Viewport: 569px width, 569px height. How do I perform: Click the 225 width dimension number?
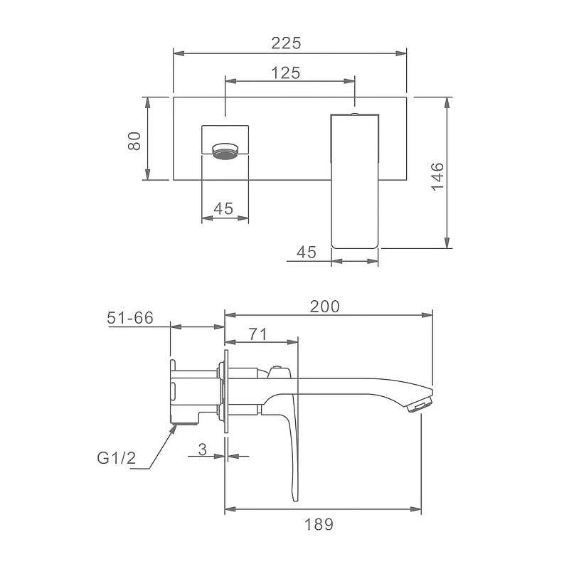click(x=286, y=43)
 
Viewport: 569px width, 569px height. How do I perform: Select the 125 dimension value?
click(x=286, y=73)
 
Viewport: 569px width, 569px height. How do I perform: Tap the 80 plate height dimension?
click(x=134, y=141)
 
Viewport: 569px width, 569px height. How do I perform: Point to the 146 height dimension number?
click(x=437, y=176)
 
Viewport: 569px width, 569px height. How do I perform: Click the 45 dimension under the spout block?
click(x=223, y=208)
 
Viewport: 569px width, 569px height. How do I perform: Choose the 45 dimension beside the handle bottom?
click(x=307, y=252)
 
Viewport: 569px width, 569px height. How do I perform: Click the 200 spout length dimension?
click(x=325, y=307)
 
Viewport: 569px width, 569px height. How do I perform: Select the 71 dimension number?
click(x=257, y=334)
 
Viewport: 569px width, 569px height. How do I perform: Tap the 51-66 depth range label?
click(x=130, y=317)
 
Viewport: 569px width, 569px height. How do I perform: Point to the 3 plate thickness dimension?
click(x=203, y=450)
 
